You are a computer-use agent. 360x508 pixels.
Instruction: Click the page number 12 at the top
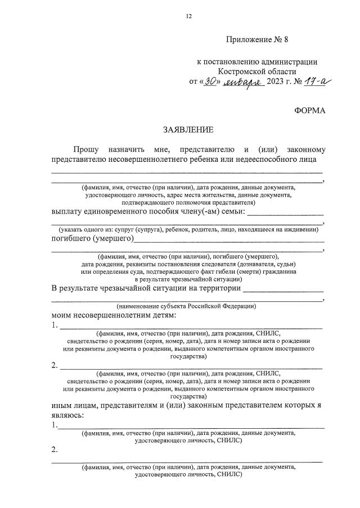click(189, 16)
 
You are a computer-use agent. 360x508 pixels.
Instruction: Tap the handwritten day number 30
click(211, 82)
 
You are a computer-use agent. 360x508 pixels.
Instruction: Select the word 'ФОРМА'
click(309, 110)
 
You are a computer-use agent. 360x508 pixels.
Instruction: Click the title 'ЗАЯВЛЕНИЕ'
click(188, 130)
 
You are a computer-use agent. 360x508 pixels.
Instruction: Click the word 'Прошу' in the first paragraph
click(85, 149)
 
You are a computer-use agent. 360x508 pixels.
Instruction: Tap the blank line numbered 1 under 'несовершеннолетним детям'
click(191, 328)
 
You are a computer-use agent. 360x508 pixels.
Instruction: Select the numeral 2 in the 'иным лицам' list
click(55, 450)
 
